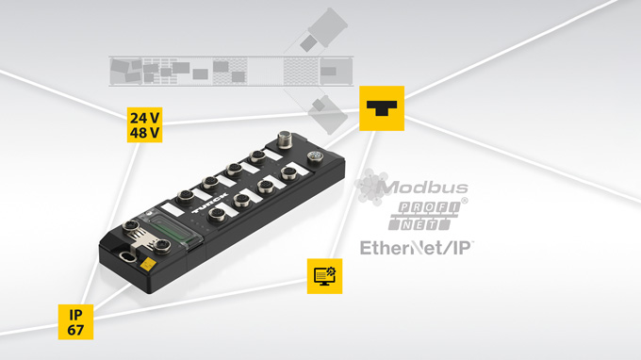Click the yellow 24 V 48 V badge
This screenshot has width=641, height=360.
[144, 124]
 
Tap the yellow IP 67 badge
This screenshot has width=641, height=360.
[75, 322]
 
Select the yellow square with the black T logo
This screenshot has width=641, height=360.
[382, 108]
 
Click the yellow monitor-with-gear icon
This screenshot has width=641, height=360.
[324, 276]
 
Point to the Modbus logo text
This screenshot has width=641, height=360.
[422, 188]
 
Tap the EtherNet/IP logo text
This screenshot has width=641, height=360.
[416, 248]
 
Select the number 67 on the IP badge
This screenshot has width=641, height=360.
[75, 330]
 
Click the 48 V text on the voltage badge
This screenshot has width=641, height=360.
[145, 133]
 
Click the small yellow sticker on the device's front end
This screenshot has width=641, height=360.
[147, 265]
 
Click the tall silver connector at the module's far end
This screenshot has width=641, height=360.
[285, 139]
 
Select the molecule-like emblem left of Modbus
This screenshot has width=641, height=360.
[371, 187]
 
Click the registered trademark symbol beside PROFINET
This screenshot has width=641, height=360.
[465, 201]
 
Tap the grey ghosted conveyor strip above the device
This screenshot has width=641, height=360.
[231, 72]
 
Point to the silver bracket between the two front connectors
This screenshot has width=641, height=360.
[140, 238]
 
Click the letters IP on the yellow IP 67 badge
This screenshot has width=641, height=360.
[75, 315]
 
